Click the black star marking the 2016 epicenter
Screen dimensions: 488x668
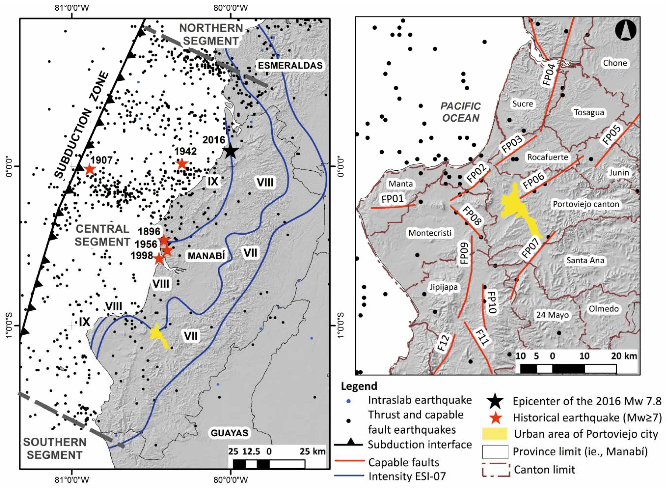[x=231, y=151]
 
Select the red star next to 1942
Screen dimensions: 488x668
[x=182, y=164]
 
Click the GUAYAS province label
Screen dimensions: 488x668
[x=230, y=433]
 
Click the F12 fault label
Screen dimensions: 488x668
[x=443, y=343]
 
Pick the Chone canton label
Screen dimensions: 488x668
[x=615, y=63]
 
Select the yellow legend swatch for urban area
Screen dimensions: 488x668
[x=495, y=434]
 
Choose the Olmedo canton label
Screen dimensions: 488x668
[x=604, y=309]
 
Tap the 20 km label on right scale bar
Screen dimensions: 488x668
[x=624, y=356]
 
